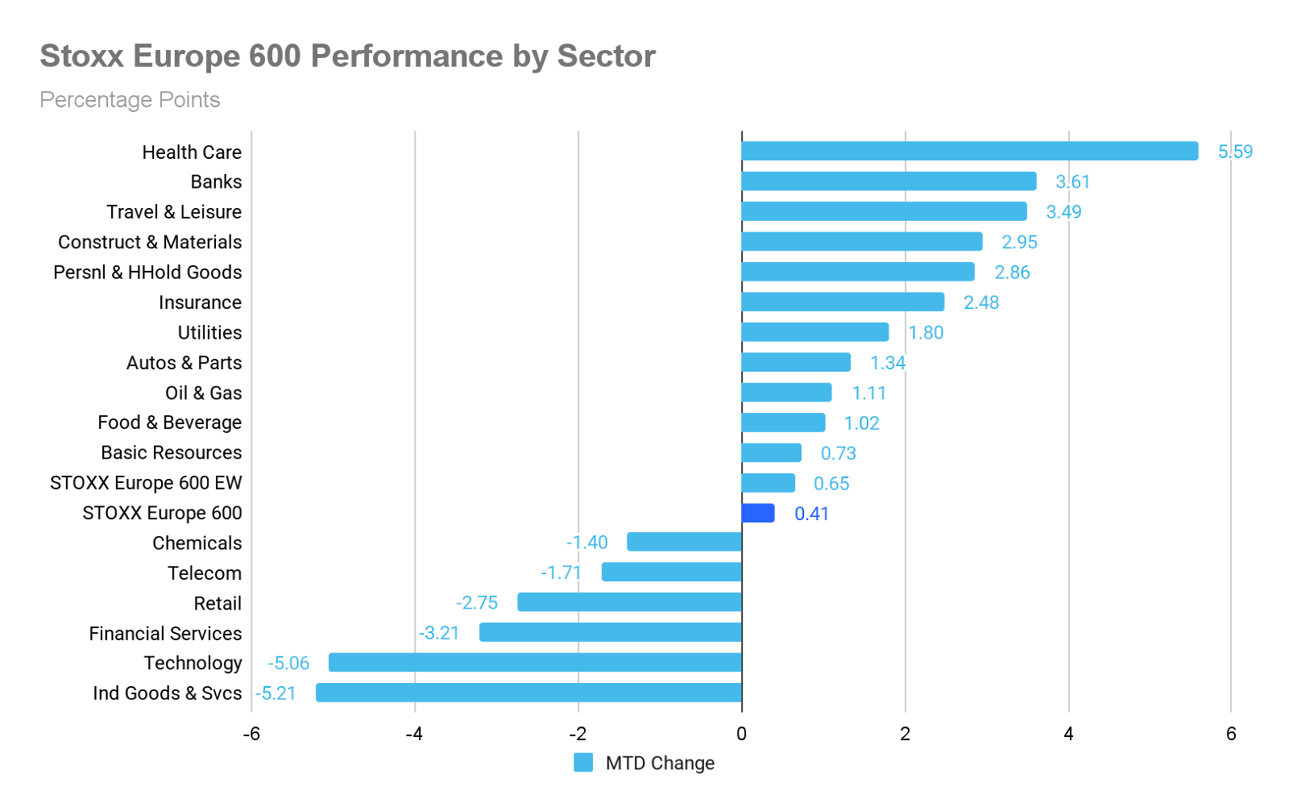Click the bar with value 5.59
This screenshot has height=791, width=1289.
[969, 151]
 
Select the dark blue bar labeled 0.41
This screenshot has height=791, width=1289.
[757, 514]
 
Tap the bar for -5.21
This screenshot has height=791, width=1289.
[528, 693]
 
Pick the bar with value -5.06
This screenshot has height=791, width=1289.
[534, 663]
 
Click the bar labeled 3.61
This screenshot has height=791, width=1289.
[889, 181]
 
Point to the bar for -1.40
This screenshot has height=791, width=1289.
[684, 542]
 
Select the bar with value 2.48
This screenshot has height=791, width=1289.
[843, 302]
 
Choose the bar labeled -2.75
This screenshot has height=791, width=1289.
[629, 602]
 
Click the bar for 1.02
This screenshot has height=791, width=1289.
[783, 423]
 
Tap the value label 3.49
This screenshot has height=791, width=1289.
[1063, 212]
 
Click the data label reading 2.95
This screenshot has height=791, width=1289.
[1019, 242]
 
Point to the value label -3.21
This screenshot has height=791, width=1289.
[438, 633]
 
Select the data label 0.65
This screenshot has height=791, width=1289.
[831, 484]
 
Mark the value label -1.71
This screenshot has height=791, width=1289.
[562, 572]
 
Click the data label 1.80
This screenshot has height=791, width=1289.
[926, 333]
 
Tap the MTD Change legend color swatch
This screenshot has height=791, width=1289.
[583, 762]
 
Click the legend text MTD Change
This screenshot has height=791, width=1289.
[660, 763]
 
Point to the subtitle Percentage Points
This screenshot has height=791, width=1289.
[130, 100]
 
